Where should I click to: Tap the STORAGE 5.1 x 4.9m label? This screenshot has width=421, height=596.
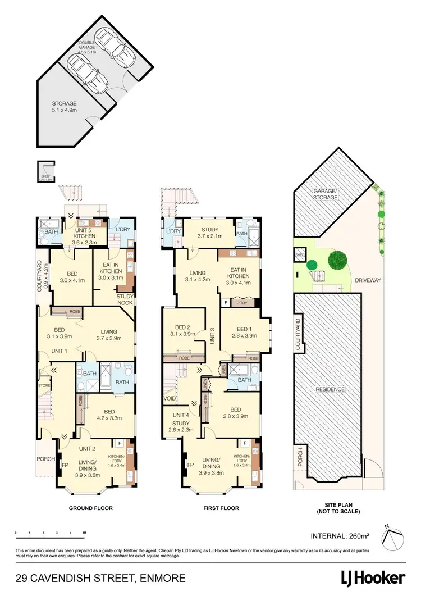[64, 107]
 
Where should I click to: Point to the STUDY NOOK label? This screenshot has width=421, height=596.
[125, 299]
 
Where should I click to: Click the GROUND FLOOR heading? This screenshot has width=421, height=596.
[90, 508]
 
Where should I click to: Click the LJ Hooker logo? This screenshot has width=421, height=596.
[373, 578]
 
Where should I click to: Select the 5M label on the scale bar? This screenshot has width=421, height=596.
[84, 531]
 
